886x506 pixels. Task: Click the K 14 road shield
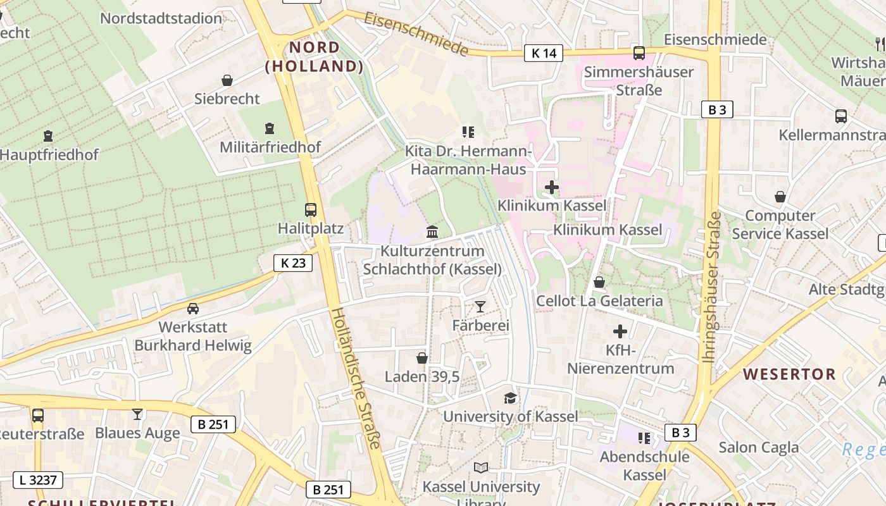click(x=544, y=53)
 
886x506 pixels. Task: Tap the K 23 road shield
click(x=293, y=263)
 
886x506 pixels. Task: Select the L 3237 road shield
click(x=38, y=480)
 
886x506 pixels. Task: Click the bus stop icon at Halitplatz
click(x=311, y=210)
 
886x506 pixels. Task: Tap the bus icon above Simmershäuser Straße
click(x=639, y=53)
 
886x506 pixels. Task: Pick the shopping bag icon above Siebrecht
click(x=227, y=80)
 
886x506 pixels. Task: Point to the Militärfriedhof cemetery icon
click(x=270, y=128)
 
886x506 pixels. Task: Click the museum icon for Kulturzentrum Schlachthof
click(x=432, y=231)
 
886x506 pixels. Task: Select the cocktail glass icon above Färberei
click(x=480, y=307)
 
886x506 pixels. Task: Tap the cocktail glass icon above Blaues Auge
click(x=137, y=414)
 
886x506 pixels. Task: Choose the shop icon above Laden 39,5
click(x=422, y=358)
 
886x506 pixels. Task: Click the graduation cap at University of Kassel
click(x=510, y=398)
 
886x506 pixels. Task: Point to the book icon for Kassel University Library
click(x=481, y=468)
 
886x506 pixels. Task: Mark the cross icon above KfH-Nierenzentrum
click(x=620, y=331)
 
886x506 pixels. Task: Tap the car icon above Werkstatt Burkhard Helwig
click(x=192, y=309)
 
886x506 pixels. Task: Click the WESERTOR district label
click(x=789, y=374)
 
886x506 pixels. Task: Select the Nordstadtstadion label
click(x=161, y=18)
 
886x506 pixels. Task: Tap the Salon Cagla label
click(x=758, y=448)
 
